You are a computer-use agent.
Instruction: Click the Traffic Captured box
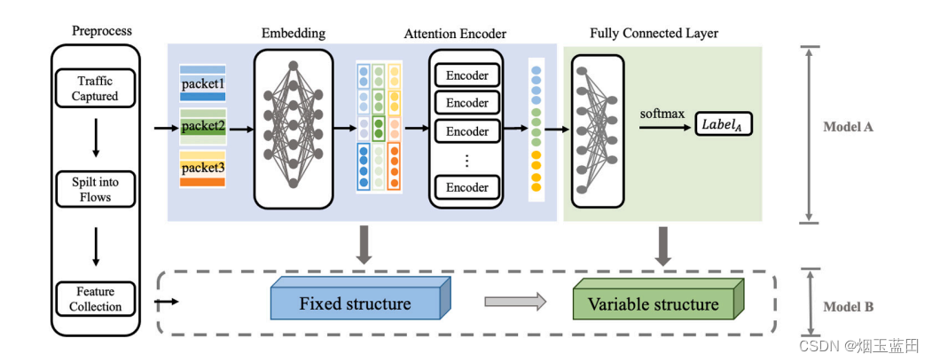[x=95, y=88]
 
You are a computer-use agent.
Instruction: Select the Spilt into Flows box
[x=95, y=188]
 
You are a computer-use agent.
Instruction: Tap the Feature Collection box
[x=95, y=299]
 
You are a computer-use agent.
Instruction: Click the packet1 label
[x=203, y=83]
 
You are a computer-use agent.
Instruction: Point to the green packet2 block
[x=203, y=126]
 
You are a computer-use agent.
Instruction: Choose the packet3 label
[x=203, y=168]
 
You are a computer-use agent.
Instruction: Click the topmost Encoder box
[x=467, y=75]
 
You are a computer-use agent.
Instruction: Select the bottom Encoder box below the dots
[x=467, y=187]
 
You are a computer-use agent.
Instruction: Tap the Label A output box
[x=724, y=126]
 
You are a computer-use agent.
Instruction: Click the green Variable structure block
[x=658, y=303]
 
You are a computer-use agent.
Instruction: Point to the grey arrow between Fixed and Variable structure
[x=514, y=302]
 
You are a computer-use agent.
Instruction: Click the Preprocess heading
[x=102, y=30]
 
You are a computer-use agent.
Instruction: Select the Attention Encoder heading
[x=455, y=34]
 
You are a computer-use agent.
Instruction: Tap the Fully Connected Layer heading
[x=654, y=34]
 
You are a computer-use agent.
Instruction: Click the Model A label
[x=848, y=127]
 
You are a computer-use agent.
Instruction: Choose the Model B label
[x=848, y=307]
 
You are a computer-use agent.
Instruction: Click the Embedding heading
[x=294, y=34]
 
